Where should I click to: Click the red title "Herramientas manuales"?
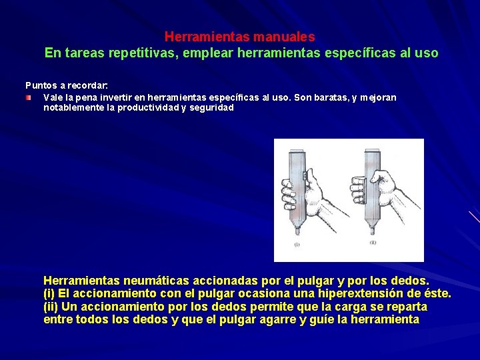click(x=239, y=37)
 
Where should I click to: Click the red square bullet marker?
click(x=29, y=97)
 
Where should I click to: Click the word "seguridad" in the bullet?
click(x=212, y=107)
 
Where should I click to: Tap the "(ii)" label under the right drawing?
click(x=372, y=244)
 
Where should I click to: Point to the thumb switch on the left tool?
click(x=304, y=175)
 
